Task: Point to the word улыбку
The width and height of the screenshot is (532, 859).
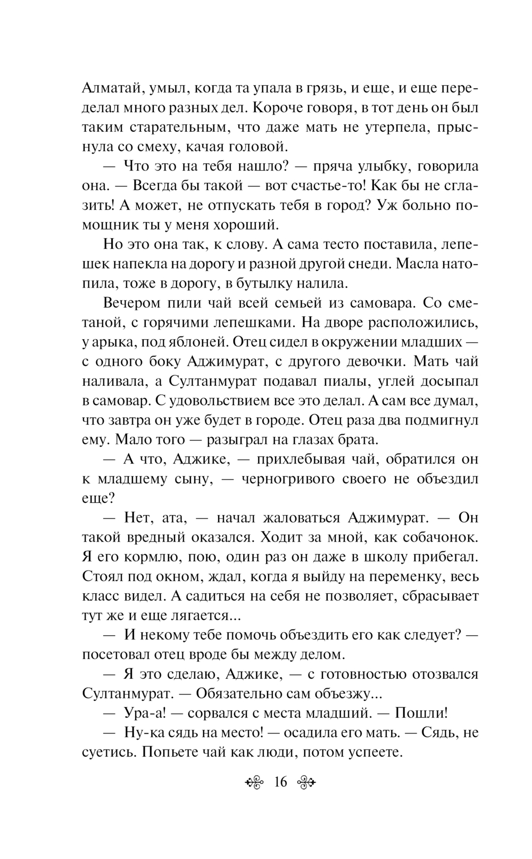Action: pos(380,166)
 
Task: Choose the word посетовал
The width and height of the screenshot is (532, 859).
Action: pos(117,654)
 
